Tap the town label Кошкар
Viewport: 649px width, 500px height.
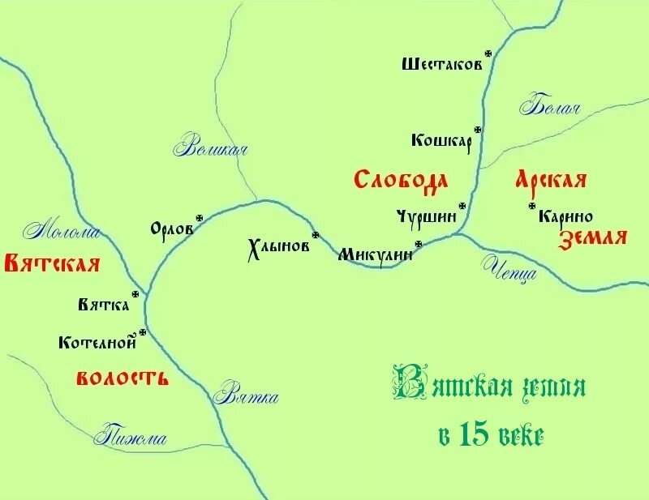441,141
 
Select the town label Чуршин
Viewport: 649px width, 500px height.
427,216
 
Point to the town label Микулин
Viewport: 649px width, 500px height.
375,254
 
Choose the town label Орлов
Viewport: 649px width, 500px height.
172,229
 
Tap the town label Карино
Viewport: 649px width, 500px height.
565,217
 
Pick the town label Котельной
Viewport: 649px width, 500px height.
97,343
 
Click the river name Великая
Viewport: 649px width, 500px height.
210,148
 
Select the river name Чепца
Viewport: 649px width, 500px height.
510,267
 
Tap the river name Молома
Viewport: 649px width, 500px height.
62,232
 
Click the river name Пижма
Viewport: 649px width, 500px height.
130,438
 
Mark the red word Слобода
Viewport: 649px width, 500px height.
401,179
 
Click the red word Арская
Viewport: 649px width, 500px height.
551,180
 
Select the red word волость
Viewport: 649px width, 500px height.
122,378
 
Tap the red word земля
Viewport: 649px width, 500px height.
593,237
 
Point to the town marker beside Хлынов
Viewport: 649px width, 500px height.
316,235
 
